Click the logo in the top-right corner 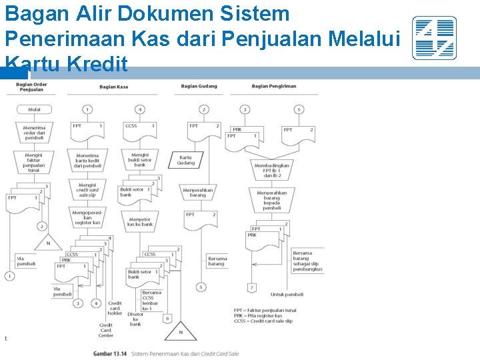coord(434,38)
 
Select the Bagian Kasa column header coord(114,87)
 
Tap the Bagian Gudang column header coord(199,86)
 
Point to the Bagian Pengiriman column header coord(274,86)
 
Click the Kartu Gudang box coord(186,160)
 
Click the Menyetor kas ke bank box coord(140,221)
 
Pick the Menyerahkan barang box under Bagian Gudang coord(198,192)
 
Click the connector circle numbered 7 coord(251,288)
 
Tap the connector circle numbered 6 coord(167,319)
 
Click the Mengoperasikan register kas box coord(87,217)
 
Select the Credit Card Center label coord(105,330)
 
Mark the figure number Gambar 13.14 coord(110,353)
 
